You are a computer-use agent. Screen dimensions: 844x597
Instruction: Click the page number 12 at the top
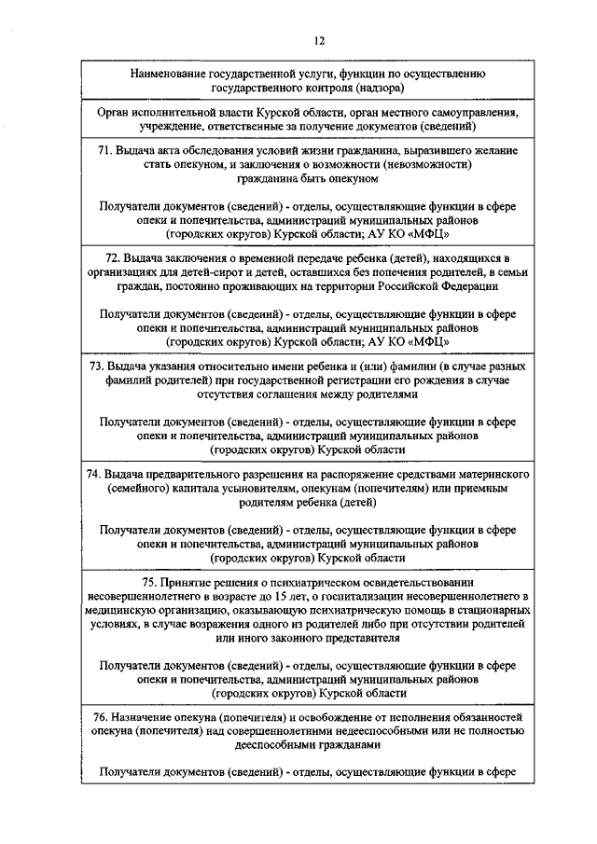pos(319,39)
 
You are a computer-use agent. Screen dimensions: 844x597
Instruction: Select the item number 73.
pos(98,367)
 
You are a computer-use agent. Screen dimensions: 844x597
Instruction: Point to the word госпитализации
pos(354,596)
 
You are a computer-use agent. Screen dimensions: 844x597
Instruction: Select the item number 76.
pos(98,716)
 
